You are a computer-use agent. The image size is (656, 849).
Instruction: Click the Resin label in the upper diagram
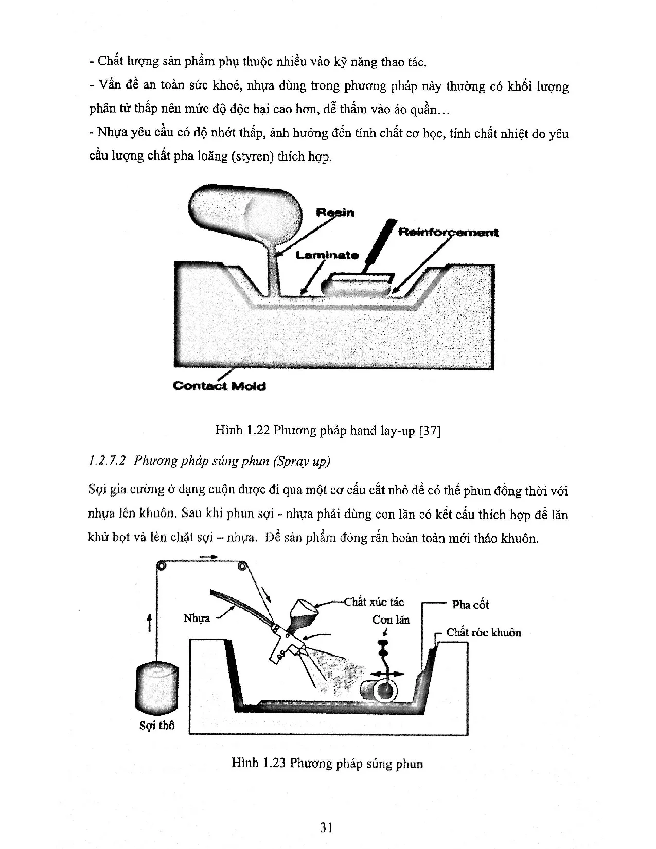point(335,213)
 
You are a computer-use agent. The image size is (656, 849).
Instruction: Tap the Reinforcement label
point(448,233)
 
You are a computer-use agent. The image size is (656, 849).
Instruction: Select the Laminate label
point(327,255)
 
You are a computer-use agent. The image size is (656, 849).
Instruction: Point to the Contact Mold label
point(219,386)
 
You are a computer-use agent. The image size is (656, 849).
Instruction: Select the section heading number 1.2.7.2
point(108,461)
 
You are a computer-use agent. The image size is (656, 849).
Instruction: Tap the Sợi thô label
point(157,726)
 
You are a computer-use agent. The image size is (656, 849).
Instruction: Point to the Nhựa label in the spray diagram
point(196,618)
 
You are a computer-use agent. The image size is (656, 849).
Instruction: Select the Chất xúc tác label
point(374,602)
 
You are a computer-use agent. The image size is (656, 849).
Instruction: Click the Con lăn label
point(391,620)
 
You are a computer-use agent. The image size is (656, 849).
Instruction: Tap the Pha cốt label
point(470,605)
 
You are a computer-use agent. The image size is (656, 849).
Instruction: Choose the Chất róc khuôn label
point(483,633)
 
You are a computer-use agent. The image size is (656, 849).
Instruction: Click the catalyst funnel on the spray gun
point(304,614)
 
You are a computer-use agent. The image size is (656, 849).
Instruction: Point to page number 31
point(327,827)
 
